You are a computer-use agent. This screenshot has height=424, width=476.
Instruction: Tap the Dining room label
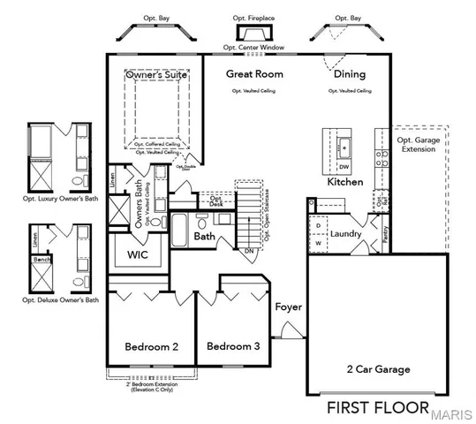click(x=350, y=74)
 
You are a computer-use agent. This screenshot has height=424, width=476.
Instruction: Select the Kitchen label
click(x=345, y=182)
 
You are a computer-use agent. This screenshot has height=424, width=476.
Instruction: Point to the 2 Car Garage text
click(x=377, y=369)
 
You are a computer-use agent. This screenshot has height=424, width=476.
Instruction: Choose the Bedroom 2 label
click(x=152, y=347)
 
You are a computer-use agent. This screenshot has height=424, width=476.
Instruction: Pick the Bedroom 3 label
click(x=233, y=347)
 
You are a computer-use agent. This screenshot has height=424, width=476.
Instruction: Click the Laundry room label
click(x=347, y=234)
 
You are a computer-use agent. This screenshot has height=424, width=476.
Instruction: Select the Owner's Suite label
click(x=155, y=76)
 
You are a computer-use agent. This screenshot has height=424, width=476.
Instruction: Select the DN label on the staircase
click(x=250, y=250)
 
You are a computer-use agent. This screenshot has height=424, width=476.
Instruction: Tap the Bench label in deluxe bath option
click(x=40, y=261)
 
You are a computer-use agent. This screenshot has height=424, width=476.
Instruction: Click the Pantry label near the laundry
click(x=385, y=231)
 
